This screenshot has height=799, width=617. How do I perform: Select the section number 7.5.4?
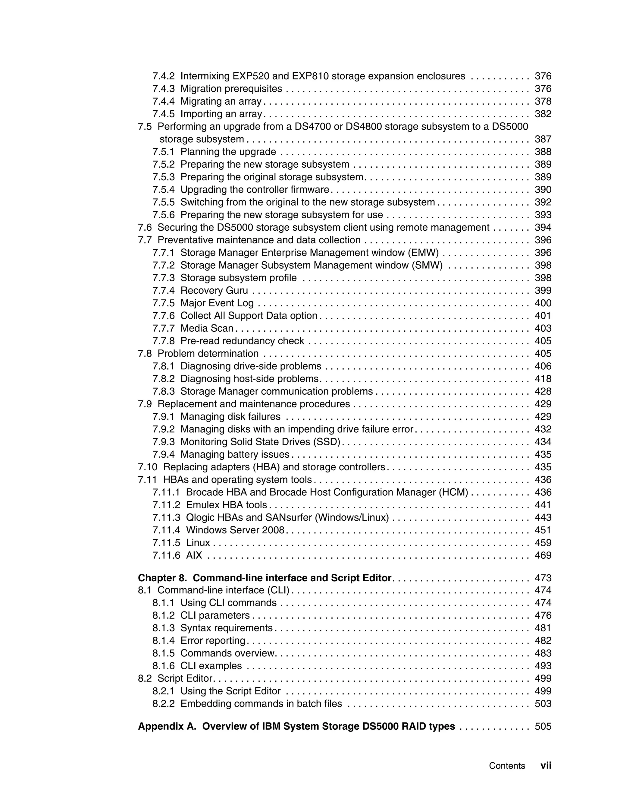click(163, 190)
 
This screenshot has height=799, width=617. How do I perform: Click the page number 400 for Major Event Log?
click(543, 303)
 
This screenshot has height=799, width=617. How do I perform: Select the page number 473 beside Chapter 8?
click(543, 578)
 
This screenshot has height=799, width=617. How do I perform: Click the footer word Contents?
click(507, 766)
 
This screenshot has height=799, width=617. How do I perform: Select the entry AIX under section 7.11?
click(194, 555)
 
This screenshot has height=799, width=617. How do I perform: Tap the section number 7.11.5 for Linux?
click(166, 543)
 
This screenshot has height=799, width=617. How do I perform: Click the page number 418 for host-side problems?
click(543, 379)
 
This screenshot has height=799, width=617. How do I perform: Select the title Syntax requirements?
click(226, 628)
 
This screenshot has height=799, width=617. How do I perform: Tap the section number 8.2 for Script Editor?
click(145, 679)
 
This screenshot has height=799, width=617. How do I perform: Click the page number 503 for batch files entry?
click(543, 704)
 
